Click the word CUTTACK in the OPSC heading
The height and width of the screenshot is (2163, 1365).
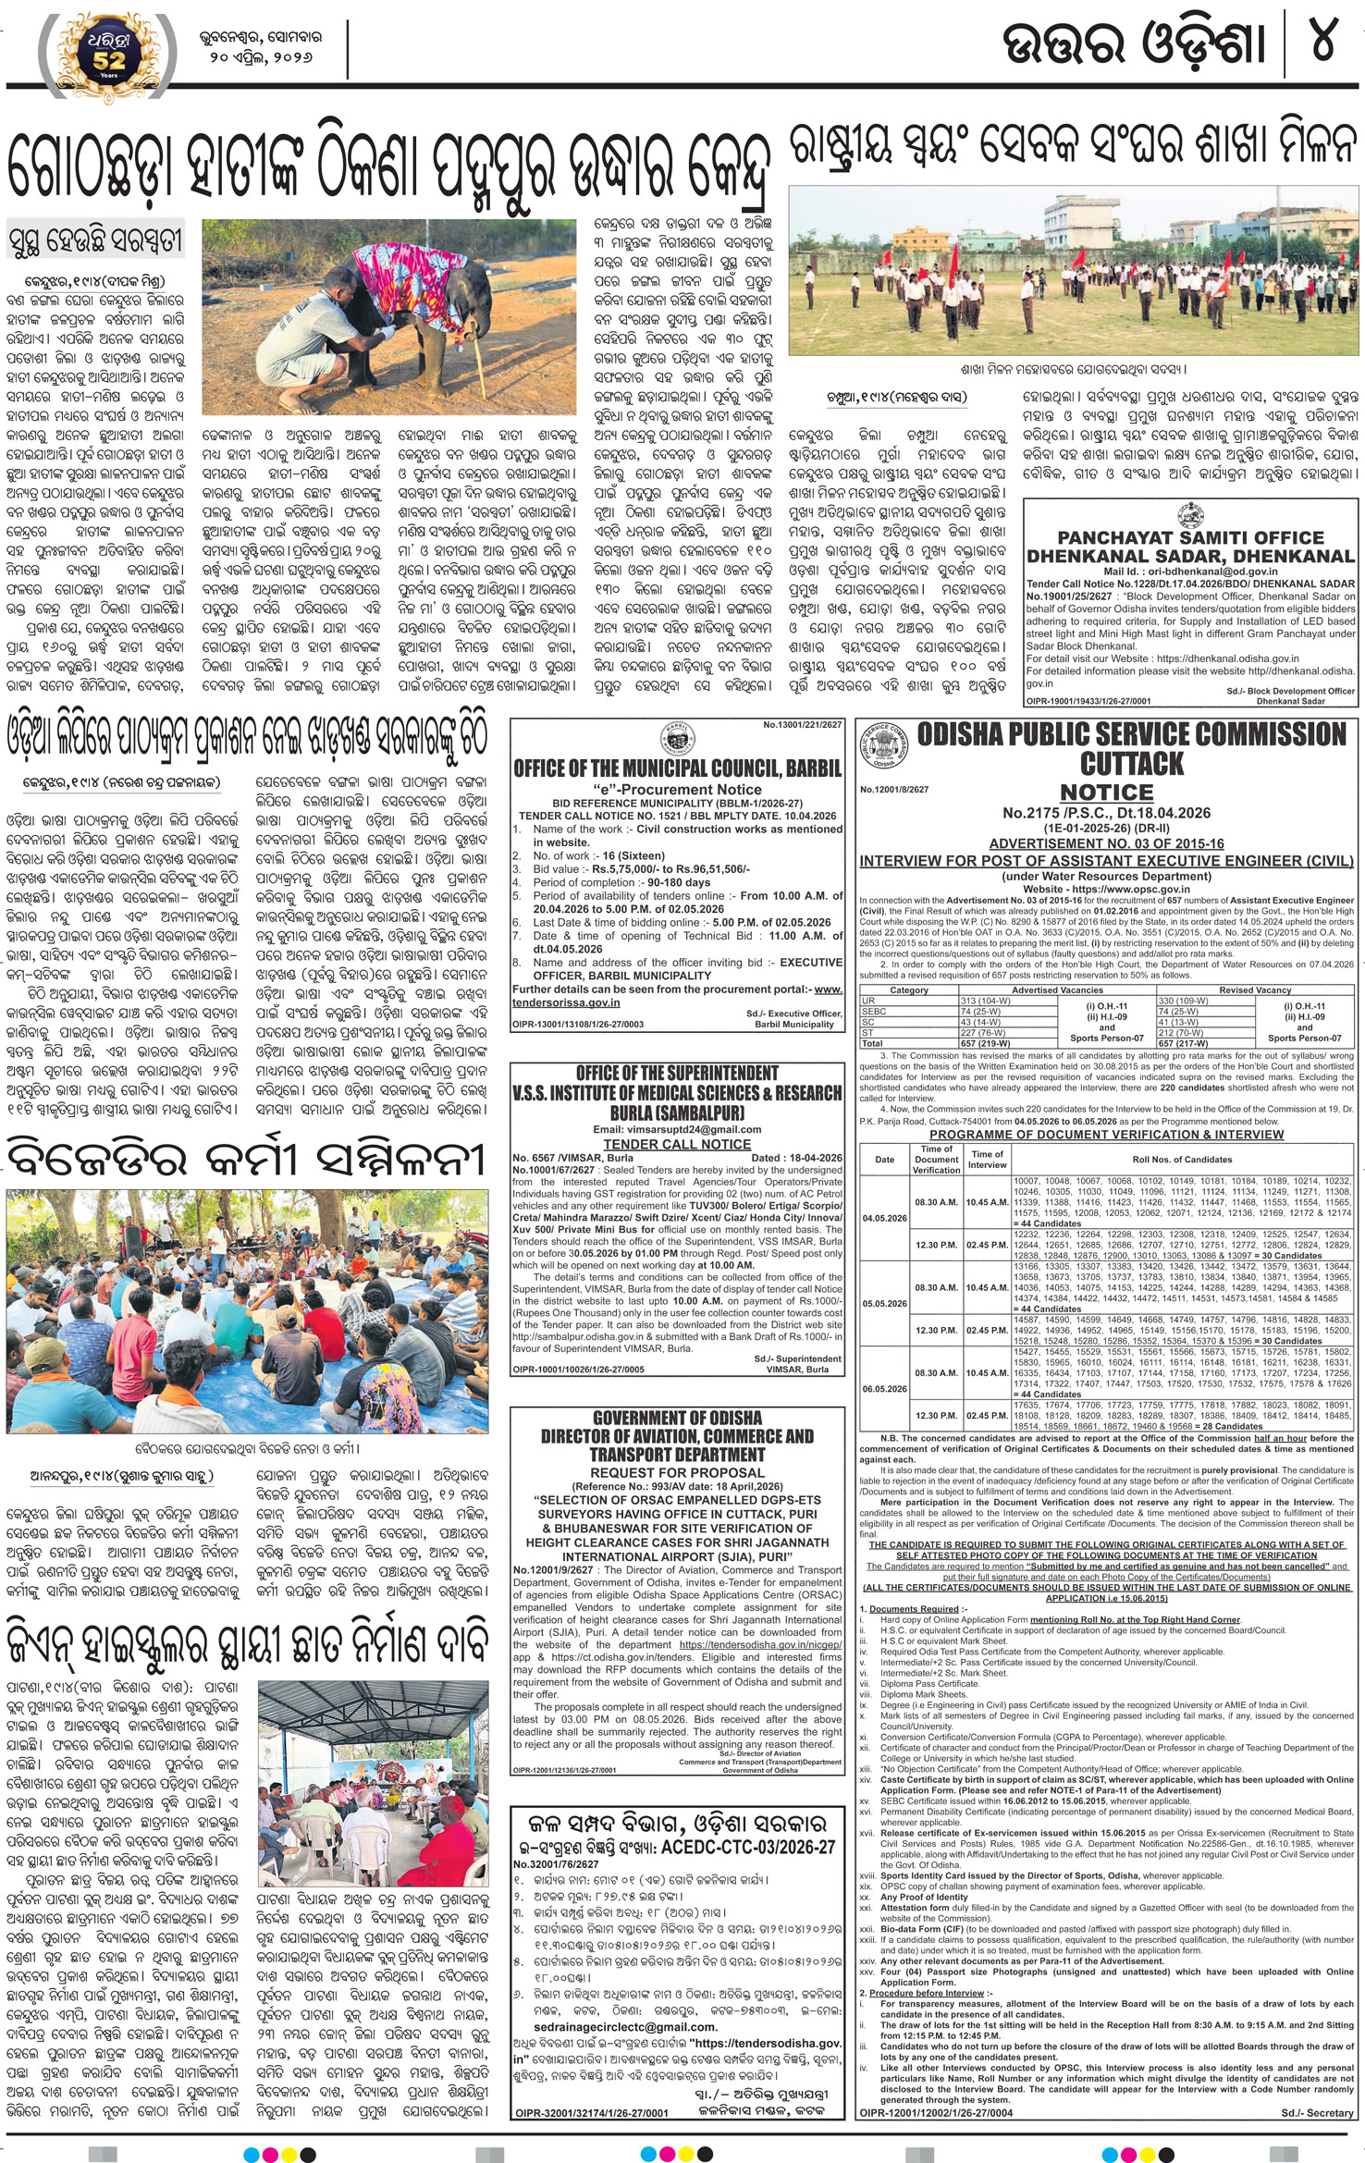tap(1132, 764)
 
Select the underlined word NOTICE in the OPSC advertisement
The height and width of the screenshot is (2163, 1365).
tap(1106, 793)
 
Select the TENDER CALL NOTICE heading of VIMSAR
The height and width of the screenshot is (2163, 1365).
tap(677, 1144)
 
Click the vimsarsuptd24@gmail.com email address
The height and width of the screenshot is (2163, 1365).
tap(677, 1129)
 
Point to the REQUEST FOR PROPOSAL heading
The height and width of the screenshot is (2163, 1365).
tap(677, 1472)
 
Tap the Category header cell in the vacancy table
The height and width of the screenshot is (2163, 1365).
tap(908, 990)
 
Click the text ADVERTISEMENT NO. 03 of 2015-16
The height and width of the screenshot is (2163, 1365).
tap(1106, 844)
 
